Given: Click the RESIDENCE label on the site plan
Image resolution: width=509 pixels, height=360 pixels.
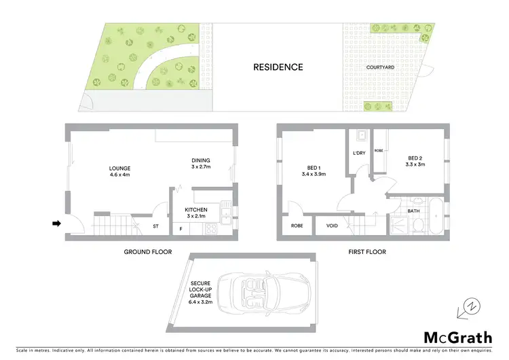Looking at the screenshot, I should tap(278, 67).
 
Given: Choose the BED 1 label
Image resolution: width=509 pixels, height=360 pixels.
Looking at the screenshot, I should tap(313, 170).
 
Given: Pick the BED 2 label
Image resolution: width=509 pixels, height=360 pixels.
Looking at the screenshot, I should tap(415, 160).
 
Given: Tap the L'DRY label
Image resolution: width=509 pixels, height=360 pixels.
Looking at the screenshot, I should tap(359, 153).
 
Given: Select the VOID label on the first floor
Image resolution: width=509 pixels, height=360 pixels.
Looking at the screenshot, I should tap(332, 226).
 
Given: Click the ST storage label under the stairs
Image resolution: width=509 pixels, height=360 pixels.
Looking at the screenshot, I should tap(155, 226).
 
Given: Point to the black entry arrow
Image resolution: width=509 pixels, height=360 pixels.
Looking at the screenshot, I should tap(58, 223).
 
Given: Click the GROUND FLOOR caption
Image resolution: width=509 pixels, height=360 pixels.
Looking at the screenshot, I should tap(147, 252).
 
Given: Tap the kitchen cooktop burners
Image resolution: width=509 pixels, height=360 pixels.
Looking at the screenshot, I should tap(210, 229).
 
